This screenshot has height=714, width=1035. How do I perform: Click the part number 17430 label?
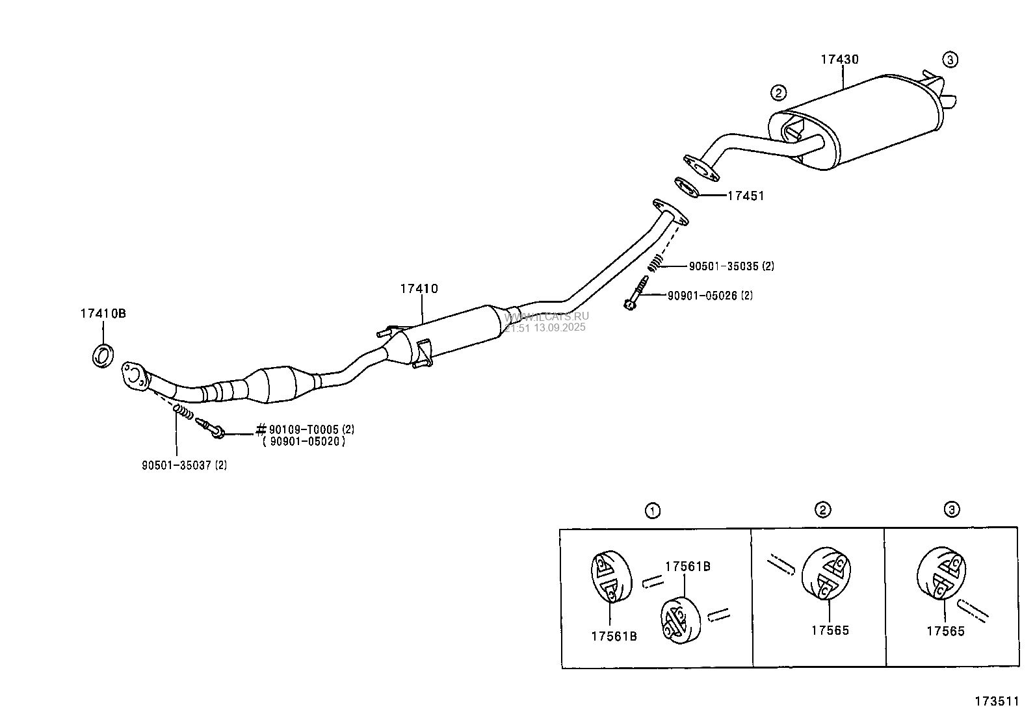[839, 60]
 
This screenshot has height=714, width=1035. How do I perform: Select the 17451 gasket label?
[745, 196]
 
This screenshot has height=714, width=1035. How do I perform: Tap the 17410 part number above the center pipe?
[419, 289]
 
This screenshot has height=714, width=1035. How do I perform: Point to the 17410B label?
[103, 313]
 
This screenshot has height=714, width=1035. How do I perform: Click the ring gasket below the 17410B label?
[103, 356]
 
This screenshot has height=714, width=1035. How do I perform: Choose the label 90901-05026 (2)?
[710, 296]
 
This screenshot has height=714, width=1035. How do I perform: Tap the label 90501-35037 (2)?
[185, 465]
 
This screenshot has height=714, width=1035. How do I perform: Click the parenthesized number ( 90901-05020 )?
[304, 442]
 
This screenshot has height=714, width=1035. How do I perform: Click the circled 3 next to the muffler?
[950, 60]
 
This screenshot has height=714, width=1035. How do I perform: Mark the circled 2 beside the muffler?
[778, 93]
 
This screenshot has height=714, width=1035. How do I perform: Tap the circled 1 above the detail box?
[653, 511]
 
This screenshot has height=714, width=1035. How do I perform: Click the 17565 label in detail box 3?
[945, 631]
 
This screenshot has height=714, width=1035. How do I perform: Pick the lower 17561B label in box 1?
[614, 637]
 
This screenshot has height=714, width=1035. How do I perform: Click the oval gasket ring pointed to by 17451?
[687, 187]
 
